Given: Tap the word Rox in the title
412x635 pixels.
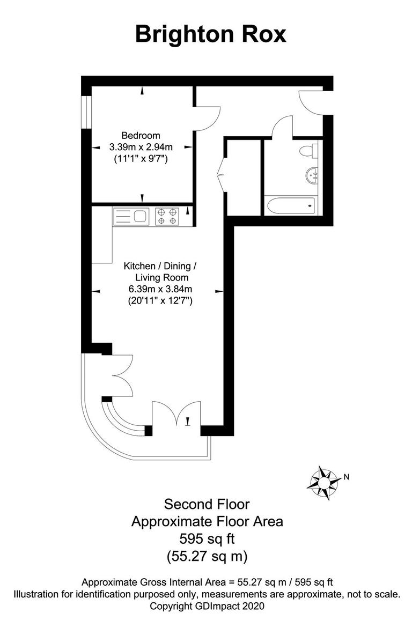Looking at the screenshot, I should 261,34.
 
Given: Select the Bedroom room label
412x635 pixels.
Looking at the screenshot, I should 141,135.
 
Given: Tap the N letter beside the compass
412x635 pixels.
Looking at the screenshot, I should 347,476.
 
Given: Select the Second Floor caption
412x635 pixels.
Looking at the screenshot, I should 207,504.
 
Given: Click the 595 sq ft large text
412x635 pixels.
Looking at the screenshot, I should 207,538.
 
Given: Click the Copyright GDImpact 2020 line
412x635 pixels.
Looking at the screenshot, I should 207,606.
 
